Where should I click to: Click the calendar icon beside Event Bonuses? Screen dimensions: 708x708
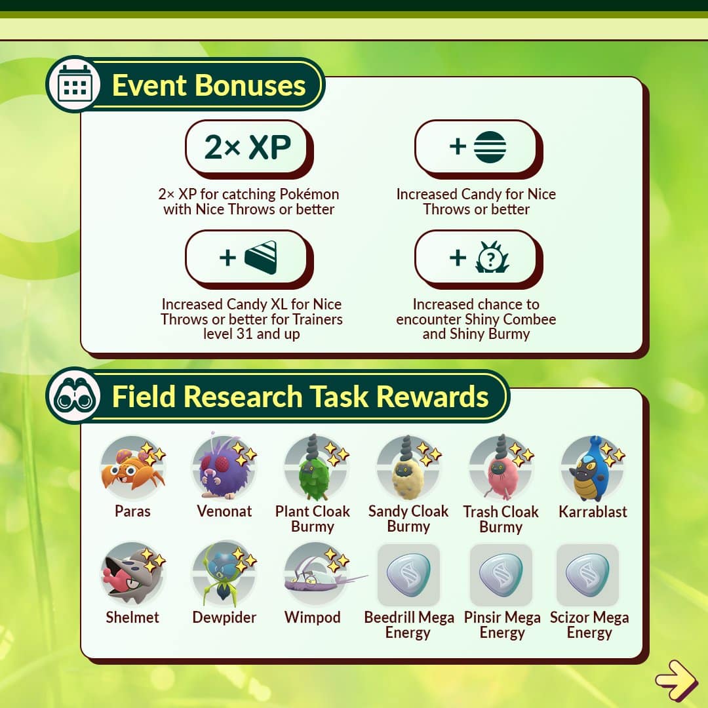click(x=75, y=85)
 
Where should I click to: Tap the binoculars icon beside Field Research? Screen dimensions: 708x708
click(x=75, y=396)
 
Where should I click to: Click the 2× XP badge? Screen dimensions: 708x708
click(x=248, y=147)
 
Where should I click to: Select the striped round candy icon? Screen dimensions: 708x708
click(x=490, y=147)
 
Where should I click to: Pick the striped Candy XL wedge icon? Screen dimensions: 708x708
click(x=261, y=258)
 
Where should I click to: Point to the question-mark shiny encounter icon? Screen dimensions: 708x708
click(x=492, y=258)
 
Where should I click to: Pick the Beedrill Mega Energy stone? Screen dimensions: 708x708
click(x=408, y=574)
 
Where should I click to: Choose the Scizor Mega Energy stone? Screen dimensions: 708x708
click(x=587, y=574)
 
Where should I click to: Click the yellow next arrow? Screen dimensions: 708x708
click(x=677, y=680)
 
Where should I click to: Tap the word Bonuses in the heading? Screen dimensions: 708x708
click(x=250, y=85)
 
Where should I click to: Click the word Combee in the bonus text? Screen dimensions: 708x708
click(x=529, y=319)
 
